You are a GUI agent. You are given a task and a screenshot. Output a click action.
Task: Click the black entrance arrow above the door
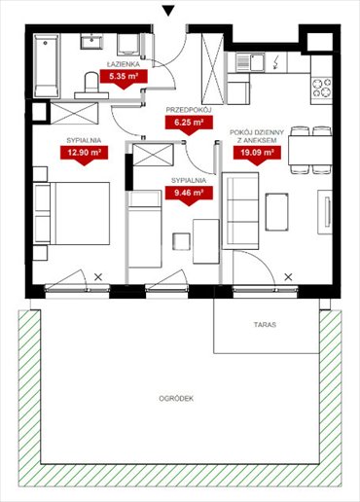169,12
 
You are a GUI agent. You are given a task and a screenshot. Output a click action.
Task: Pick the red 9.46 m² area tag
188,193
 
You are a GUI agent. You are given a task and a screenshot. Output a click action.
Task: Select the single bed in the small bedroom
145,226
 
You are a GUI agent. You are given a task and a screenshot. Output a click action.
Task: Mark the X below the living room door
289,278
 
